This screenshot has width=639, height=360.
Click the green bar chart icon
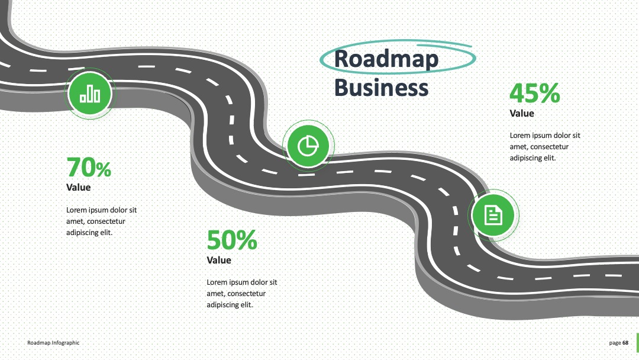[90, 94]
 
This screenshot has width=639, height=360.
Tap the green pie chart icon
[308, 146]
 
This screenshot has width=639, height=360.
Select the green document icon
[493, 215]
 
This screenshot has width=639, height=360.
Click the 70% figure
[89, 167]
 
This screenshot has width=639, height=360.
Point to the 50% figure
[232, 240]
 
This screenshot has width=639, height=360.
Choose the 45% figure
[535, 93]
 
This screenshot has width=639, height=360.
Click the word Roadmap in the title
[386, 59]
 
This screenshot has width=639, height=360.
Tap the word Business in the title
[382, 88]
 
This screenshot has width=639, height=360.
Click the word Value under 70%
[79, 188]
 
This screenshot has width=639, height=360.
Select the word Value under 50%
[219, 260]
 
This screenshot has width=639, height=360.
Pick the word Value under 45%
[522, 113]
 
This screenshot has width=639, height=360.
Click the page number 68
[625, 343]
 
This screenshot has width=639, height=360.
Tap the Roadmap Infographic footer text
[53, 343]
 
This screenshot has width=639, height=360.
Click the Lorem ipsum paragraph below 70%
[102, 221]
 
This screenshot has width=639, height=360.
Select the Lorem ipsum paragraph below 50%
[241, 294]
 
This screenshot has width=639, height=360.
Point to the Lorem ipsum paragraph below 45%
[545, 147]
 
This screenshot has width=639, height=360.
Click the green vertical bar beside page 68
[638, 343]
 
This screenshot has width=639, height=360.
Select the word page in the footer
[615, 343]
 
